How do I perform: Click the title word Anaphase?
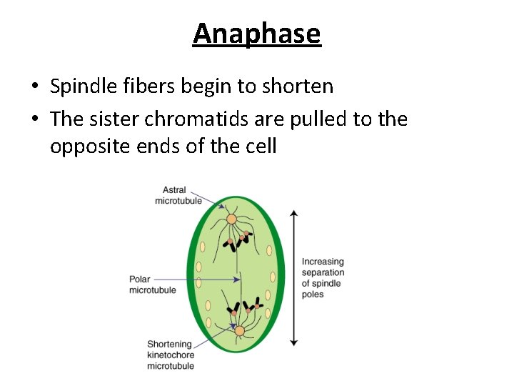tap(257, 34)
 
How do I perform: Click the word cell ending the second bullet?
tap(258, 147)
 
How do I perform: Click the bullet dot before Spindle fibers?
tap(35, 87)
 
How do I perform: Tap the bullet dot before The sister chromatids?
tap(35, 119)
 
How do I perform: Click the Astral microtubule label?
tap(178, 195)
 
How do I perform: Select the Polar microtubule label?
tap(153, 284)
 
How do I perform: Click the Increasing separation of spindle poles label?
tap(323, 278)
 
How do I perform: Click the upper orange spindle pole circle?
tap(232, 219)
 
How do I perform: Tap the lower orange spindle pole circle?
tap(240, 330)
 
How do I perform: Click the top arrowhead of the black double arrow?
tap(293, 213)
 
